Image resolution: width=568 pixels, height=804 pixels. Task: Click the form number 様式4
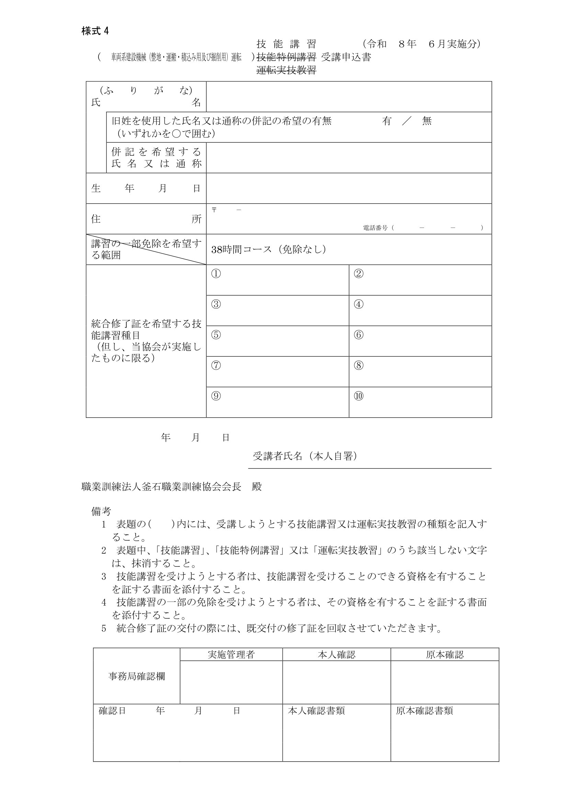click(x=95, y=31)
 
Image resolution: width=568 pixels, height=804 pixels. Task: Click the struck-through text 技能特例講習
click(x=286, y=57)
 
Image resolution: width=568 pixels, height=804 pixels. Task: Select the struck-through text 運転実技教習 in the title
click(x=286, y=70)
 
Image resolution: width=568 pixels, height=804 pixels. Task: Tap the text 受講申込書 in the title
click(x=346, y=57)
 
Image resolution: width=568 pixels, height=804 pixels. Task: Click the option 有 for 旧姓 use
click(x=386, y=121)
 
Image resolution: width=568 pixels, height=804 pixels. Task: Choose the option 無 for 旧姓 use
click(x=427, y=121)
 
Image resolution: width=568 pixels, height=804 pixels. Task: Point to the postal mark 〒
click(x=214, y=210)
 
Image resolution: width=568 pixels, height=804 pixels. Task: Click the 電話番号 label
click(x=375, y=228)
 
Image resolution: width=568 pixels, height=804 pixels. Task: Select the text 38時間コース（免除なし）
click(x=269, y=249)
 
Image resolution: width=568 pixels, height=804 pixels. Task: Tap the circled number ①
click(x=216, y=274)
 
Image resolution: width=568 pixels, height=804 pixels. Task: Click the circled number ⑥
click(x=359, y=335)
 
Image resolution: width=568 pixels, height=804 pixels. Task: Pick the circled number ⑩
click(x=359, y=396)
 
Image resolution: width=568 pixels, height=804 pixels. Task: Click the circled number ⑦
click(x=216, y=365)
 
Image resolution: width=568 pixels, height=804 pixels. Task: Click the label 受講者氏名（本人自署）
click(x=305, y=456)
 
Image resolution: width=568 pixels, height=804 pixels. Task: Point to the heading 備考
click(x=101, y=511)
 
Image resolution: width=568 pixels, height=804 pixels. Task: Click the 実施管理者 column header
click(x=231, y=654)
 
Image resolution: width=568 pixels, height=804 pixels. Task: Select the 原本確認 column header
click(x=444, y=654)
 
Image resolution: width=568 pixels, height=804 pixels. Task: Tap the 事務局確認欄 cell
click(x=136, y=676)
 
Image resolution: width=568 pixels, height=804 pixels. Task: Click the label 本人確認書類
click(x=316, y=711)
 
